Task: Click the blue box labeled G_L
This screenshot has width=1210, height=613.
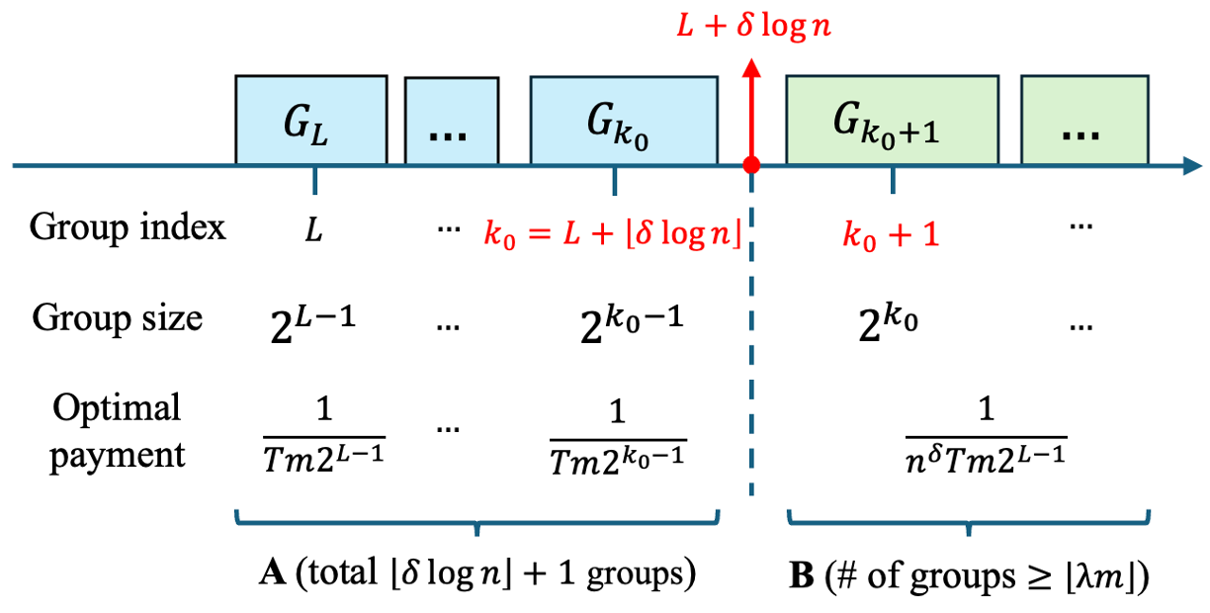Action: [x=310, y=119]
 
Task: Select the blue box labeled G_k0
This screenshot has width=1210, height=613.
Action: [x=624, y=119]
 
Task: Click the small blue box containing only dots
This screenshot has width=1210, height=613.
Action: [x=452, y=122]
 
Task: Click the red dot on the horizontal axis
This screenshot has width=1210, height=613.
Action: [x=751, y=165]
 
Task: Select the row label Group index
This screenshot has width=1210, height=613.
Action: [x=128, y=227]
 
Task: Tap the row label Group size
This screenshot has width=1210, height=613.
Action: [x=118, y=317]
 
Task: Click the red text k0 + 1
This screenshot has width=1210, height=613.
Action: [x=891, y=234]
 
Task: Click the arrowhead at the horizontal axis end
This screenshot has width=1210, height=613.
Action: [x=1189, y=165]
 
